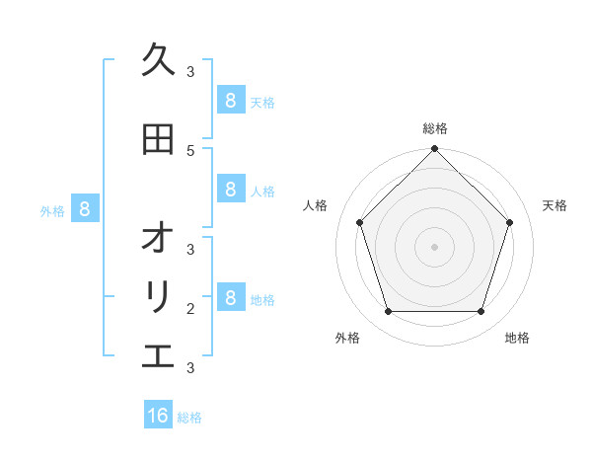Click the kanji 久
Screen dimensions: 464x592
158,60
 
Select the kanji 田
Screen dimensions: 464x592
158,139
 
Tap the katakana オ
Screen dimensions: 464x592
158,238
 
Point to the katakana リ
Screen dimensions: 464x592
158,297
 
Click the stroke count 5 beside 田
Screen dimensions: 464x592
190,150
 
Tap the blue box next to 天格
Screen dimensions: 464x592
230,100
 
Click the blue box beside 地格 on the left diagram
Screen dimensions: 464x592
230,297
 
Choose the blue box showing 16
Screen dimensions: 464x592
158,416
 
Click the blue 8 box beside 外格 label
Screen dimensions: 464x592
85,208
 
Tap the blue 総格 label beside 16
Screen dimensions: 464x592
189,418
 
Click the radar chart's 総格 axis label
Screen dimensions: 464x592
434,128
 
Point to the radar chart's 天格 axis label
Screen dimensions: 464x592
555,205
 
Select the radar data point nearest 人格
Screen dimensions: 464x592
359,222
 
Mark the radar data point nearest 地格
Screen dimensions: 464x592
481,311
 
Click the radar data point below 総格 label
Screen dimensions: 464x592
434,149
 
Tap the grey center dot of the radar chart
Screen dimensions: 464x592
434,247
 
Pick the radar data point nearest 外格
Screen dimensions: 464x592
388,311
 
